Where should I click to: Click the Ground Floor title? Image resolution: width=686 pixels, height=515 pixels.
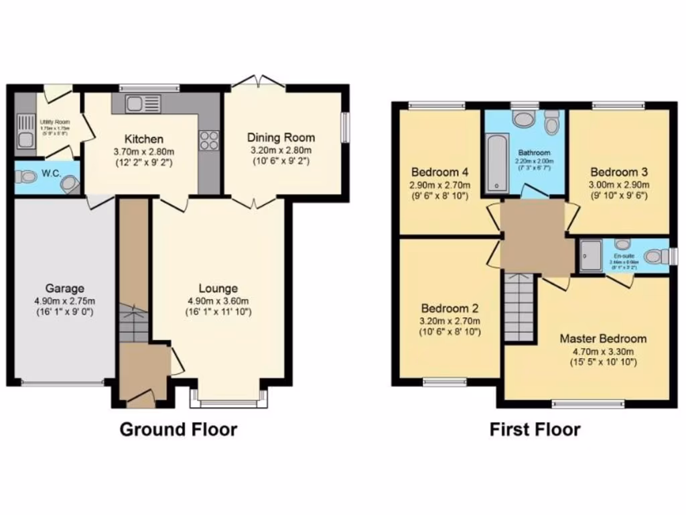tap(178, 429)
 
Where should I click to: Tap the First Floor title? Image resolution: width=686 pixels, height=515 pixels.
tap(535, 429)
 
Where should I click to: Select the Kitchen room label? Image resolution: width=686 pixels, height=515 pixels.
tap(143, 139)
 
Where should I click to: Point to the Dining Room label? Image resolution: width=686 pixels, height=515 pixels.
tap(281, 137)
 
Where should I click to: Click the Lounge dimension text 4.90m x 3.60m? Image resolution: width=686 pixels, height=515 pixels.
tap(218, 300)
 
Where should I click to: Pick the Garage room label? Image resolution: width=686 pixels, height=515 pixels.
tap(64, 289)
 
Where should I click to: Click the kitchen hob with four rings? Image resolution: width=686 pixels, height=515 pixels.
tap(208, 139)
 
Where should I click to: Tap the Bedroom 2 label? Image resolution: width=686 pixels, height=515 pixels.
tap(450, 309)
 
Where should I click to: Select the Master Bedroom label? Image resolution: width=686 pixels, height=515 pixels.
tap(603, 339)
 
